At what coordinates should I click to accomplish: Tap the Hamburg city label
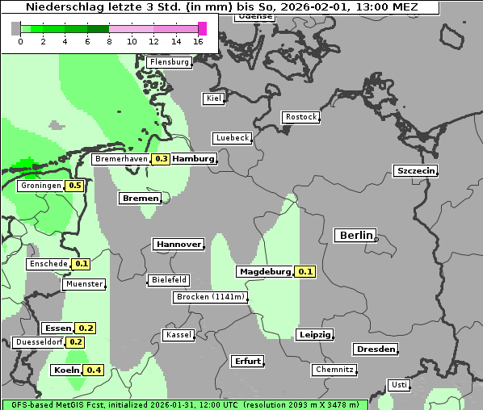(193, 159)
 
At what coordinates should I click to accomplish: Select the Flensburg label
(169, 61)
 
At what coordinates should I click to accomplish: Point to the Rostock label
(300, 117)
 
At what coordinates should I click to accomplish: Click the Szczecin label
(415, 170)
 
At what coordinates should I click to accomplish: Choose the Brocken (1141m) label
(209, 297)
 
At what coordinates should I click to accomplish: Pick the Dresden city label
(375, 349)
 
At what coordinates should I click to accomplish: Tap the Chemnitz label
(334, 370)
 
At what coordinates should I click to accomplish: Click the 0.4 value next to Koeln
(94, 370)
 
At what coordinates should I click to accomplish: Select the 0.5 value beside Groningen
(74, 186)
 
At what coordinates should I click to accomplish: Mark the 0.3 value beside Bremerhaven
(161, 159)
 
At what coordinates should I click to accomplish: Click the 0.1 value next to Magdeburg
(305, 272)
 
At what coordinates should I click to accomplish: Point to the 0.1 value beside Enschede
(81, 264)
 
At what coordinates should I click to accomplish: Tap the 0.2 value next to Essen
(86, 328)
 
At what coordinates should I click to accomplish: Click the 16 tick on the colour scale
(198, 41)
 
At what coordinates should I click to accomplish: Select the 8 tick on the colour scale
(109, 41)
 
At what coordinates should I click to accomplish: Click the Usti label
(398, 385)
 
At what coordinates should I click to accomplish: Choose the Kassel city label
(178, 335)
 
